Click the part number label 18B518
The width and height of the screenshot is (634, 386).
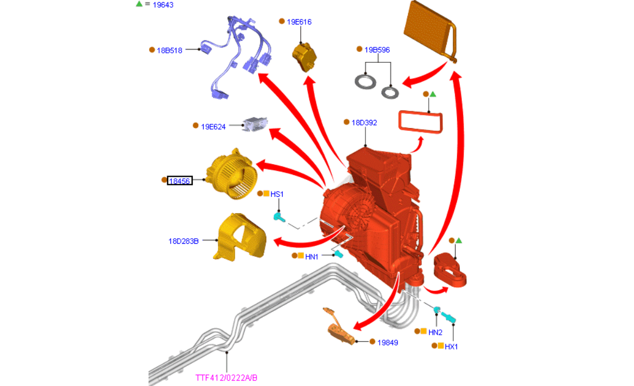coord(169,50)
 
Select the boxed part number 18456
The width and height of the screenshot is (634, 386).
coord(180,181)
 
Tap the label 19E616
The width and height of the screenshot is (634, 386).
coord(299,22)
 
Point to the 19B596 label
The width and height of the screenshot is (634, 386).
coord(377,50)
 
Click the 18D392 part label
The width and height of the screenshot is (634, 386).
coord(364,123)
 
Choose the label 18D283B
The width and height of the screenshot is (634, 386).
coord(184,240)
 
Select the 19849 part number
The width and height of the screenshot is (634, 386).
coord(387,342)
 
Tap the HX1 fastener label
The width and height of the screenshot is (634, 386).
coord(451,346)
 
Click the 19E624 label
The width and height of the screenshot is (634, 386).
coord(213,126)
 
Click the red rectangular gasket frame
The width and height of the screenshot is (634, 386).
coord(420,122)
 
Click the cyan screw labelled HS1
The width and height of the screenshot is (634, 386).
coord(279,217)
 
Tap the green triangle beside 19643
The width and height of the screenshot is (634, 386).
coord(139,4)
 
